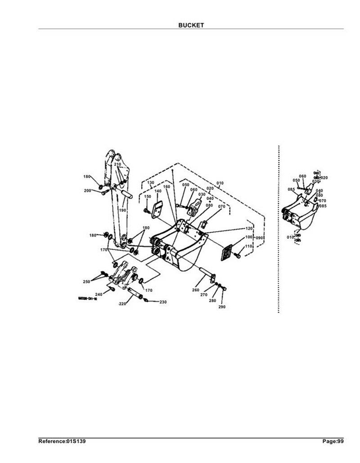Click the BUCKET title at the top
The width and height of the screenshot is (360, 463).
(191, 26)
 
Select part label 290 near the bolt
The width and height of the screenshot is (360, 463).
(221, 307)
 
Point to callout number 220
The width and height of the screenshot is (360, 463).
(122, 304)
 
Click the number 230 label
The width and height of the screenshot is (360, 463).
(163, 302)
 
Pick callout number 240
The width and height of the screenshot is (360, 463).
(99, 294)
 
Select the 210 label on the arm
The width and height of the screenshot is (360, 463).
(117, 165)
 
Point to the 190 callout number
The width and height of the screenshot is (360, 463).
(123, 210)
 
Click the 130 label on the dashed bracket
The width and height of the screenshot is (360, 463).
(150, 182)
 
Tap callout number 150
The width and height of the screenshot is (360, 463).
(148, 197)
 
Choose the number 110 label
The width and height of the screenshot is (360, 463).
(248, 247)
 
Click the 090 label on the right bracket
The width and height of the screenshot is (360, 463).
(260, 237)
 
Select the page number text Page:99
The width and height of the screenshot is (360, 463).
(333, 441)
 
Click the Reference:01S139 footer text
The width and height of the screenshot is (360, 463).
(62, 441)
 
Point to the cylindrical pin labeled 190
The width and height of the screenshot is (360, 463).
(126, 195)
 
